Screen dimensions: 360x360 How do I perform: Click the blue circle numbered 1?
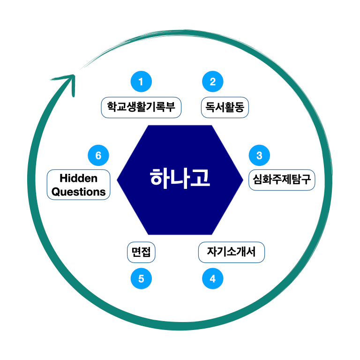141,82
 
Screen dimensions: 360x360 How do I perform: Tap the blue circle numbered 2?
212,82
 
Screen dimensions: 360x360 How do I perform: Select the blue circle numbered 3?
259,155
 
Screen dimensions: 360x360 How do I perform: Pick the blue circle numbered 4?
212,279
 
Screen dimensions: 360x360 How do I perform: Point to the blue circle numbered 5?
141,279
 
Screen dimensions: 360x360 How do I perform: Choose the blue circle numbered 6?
98,155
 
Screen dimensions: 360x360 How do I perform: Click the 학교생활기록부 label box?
141,107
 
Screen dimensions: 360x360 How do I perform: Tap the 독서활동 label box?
225,107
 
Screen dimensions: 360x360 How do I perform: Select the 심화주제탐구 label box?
282,180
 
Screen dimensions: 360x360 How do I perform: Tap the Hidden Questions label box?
79,185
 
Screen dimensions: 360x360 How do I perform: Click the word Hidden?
79,178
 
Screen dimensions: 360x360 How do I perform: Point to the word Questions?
79,191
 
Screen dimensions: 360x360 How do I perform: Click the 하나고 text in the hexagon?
180,178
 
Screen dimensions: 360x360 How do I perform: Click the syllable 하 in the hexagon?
160,178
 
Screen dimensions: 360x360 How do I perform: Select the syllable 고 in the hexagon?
200,178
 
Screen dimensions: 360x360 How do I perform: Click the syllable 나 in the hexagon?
180,178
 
